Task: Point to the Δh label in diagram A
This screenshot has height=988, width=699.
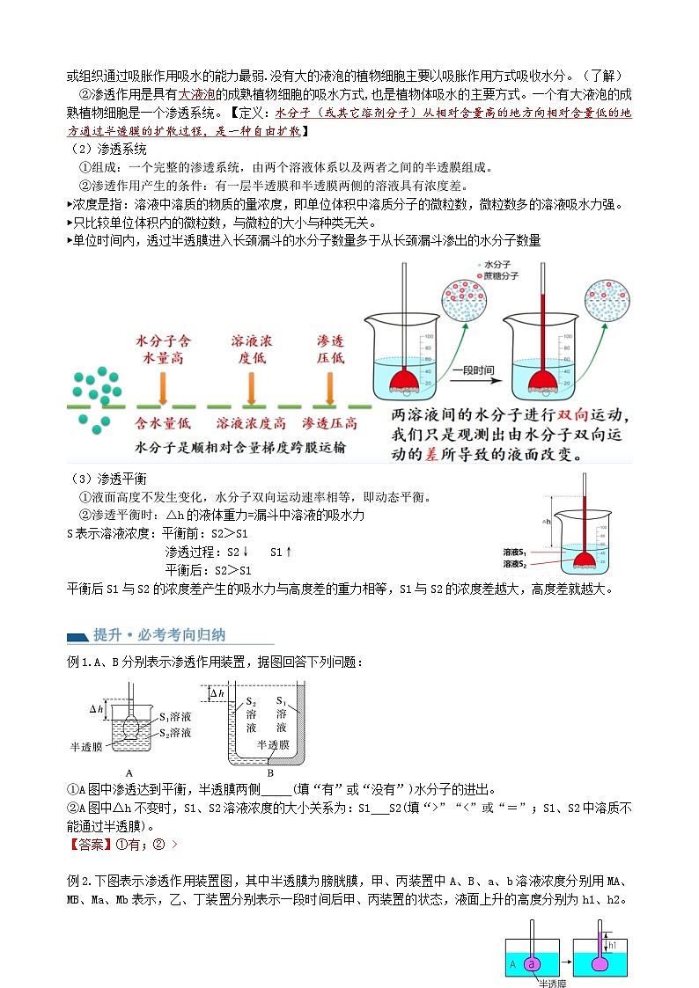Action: [97, 707]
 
